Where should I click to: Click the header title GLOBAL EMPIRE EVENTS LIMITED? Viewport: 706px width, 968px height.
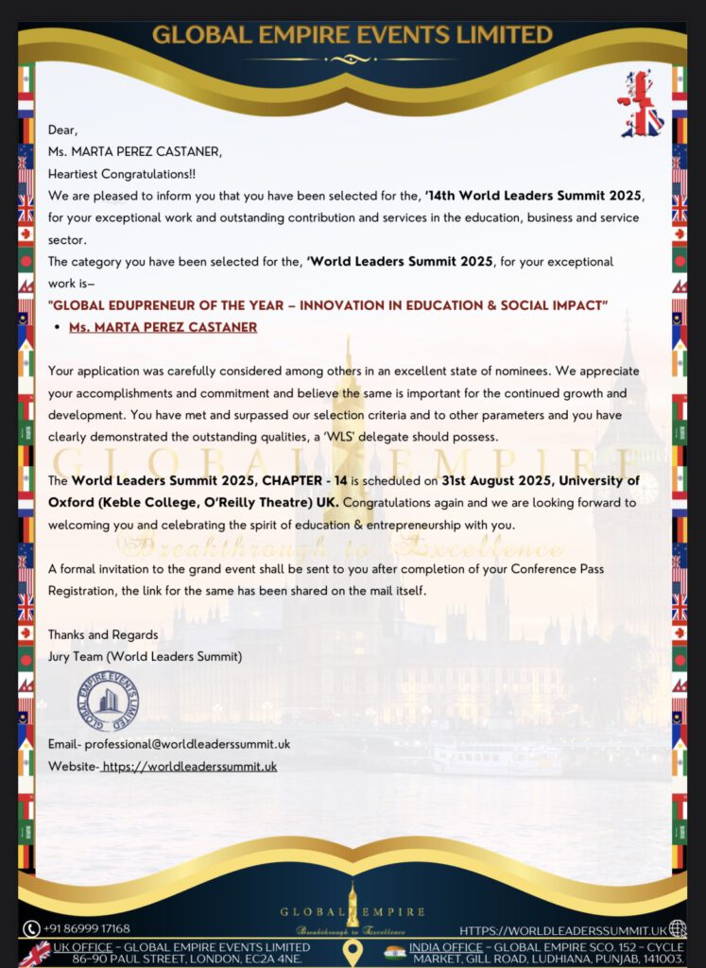coord(353,35)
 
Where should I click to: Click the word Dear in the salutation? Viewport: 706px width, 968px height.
coord(62,130)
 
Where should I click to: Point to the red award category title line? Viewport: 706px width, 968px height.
coord(327,304)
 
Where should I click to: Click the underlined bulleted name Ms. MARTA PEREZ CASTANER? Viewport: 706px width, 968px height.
coord(163,327)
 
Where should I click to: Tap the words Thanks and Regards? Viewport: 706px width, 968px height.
coord(103,634)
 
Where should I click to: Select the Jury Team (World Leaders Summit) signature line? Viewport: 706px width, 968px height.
coord(145,656)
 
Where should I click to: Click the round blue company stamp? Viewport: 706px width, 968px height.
coord(107,700)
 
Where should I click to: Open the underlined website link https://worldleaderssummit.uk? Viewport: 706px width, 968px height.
coord(189,766)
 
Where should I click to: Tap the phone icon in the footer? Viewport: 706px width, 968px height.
coord(31,929)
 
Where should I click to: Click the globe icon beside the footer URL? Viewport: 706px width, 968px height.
coord(677,929)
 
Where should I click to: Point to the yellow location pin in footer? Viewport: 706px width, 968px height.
coord(353,953)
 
